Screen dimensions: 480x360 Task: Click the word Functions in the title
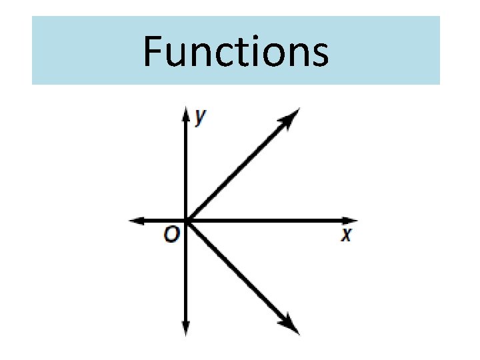click(236, 52)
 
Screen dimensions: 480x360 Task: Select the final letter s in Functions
click(319, 56)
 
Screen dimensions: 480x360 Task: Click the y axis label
click(199, 117)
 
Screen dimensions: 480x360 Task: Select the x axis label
click(346, 235)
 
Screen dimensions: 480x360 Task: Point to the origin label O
click(172, 235)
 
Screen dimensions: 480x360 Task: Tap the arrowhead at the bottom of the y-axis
click(186, 328)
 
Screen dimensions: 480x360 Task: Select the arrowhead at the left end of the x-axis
click(135, 220)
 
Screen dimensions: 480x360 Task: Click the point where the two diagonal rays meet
click(186, 220)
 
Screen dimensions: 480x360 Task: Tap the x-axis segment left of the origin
click(160, 220)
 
